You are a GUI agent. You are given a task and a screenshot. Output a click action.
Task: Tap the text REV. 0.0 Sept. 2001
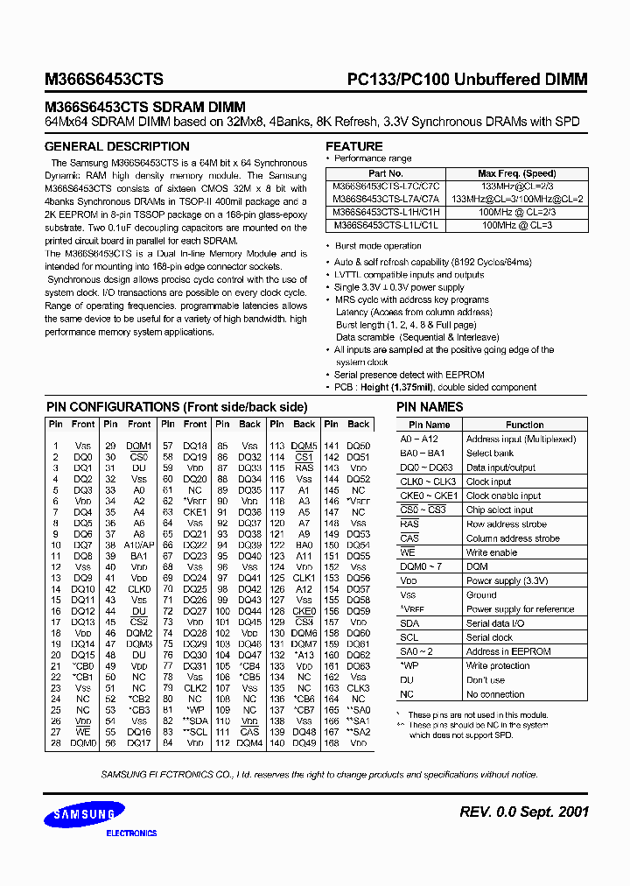tap(523, 812)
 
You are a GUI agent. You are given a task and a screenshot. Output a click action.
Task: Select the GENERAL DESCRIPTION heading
tap(116, 147)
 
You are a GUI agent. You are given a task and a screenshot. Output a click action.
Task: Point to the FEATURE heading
tap(353, 146)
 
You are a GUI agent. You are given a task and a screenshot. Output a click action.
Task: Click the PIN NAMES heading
tap(430, 407)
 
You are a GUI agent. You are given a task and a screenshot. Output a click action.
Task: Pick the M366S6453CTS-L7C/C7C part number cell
tap(386, 186)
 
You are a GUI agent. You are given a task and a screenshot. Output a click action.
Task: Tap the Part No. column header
tap(386, 173)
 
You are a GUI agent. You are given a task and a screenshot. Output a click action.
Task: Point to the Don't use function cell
tap(486, 680)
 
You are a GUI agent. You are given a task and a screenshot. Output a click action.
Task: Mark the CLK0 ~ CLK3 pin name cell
tap(429, 482)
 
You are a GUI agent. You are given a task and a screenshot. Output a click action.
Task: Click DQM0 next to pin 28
tap(83, 743)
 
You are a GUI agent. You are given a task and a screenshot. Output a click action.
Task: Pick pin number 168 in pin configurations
tap(332, 743)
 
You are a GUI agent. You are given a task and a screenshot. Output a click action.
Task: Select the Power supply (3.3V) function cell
tap(507, 580)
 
